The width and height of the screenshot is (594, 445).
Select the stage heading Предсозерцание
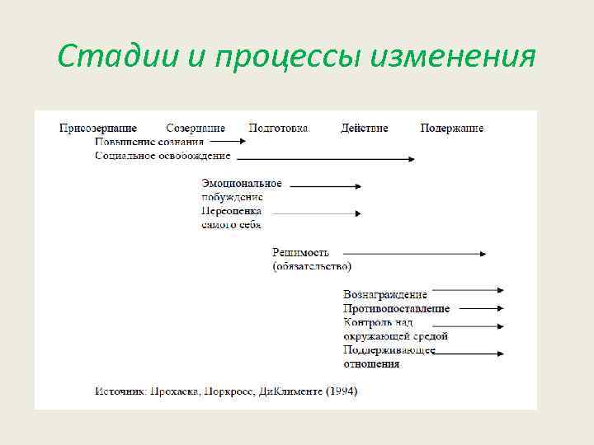coord(98,129)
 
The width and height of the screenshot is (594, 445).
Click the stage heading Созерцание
coord(196,129)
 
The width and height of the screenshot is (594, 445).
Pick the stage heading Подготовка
coord(279,129)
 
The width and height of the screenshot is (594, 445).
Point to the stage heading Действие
coord(365,129)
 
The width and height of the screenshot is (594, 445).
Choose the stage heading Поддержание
coord(452,129)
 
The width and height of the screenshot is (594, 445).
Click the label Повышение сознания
coord(149,142)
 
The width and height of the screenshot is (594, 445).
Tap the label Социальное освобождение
coord(162,156)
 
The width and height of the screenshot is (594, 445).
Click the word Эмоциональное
coord(242,184)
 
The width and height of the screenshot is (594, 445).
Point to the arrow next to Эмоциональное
coord(325,186)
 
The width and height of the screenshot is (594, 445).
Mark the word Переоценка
coord(231,212)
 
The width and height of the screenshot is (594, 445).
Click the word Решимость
coord(301,252)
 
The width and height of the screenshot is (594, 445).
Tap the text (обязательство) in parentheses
coord(312,266)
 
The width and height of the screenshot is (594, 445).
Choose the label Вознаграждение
coord(385,294)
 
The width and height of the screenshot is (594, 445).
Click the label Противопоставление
coord(397,308)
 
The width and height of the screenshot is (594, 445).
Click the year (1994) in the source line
coord(341,391)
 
